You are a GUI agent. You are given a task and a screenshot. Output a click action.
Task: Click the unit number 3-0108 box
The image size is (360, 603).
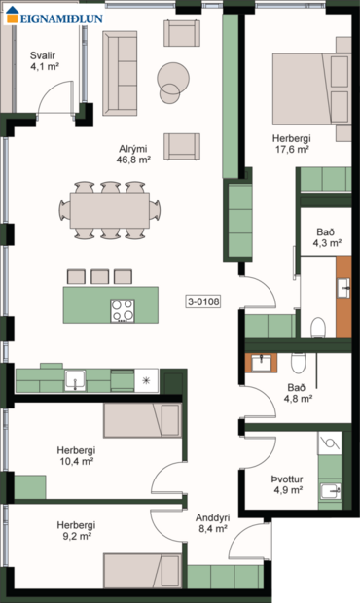click(203, 301)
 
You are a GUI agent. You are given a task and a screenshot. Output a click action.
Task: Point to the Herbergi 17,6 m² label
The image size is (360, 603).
click(290, 144)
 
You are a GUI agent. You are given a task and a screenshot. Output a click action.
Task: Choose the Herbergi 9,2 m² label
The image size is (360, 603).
click(73, 530)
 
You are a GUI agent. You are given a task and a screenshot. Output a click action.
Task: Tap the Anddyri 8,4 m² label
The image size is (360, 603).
click(211, 524)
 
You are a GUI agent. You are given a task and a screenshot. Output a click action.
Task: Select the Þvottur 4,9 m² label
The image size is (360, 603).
click(288, 484)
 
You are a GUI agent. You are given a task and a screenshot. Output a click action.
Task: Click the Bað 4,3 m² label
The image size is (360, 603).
click(326, 237)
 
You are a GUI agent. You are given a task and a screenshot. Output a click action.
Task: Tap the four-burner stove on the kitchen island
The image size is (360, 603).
click(124, 310)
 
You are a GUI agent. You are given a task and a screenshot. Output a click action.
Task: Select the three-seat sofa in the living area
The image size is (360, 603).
click(120, 72)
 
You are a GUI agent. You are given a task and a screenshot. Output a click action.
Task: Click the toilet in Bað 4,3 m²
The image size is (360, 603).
click(316, 325)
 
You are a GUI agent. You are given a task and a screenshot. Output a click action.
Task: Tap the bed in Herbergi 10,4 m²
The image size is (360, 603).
click(142, 422)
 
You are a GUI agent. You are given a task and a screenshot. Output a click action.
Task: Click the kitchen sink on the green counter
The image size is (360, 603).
click(75, 379)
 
